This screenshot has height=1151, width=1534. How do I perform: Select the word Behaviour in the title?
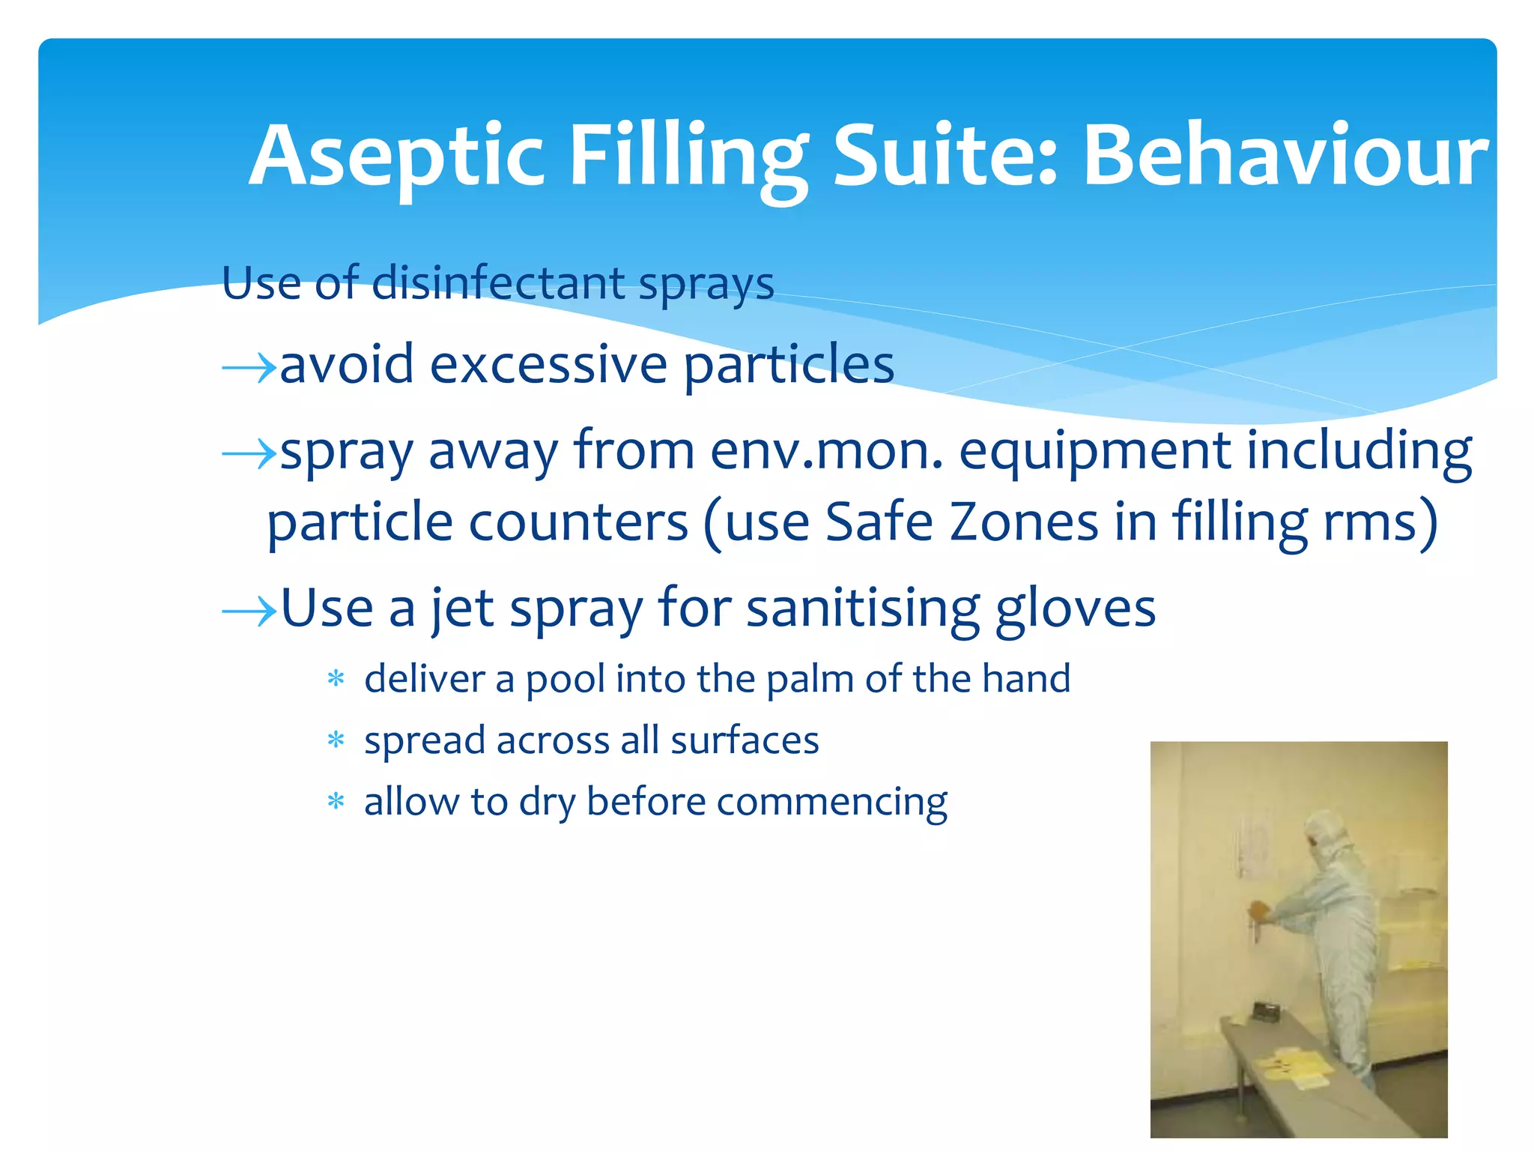(x=1285, y=156)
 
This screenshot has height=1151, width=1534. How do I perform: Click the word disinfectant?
(x=498, y=284)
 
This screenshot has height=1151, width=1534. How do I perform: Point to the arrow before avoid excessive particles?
(x=249, y=368)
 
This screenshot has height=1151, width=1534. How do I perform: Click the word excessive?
(x=548, y=365)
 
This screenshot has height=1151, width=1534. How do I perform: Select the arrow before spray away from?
(x=249, y=453)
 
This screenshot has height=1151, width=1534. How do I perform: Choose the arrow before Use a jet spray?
(x=249, y=612)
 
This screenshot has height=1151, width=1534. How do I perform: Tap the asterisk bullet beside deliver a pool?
(x=336, y=680)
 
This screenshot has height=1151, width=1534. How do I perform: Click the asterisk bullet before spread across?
(x=336, y=741)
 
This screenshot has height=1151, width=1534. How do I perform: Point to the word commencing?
(x=831, y=803)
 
